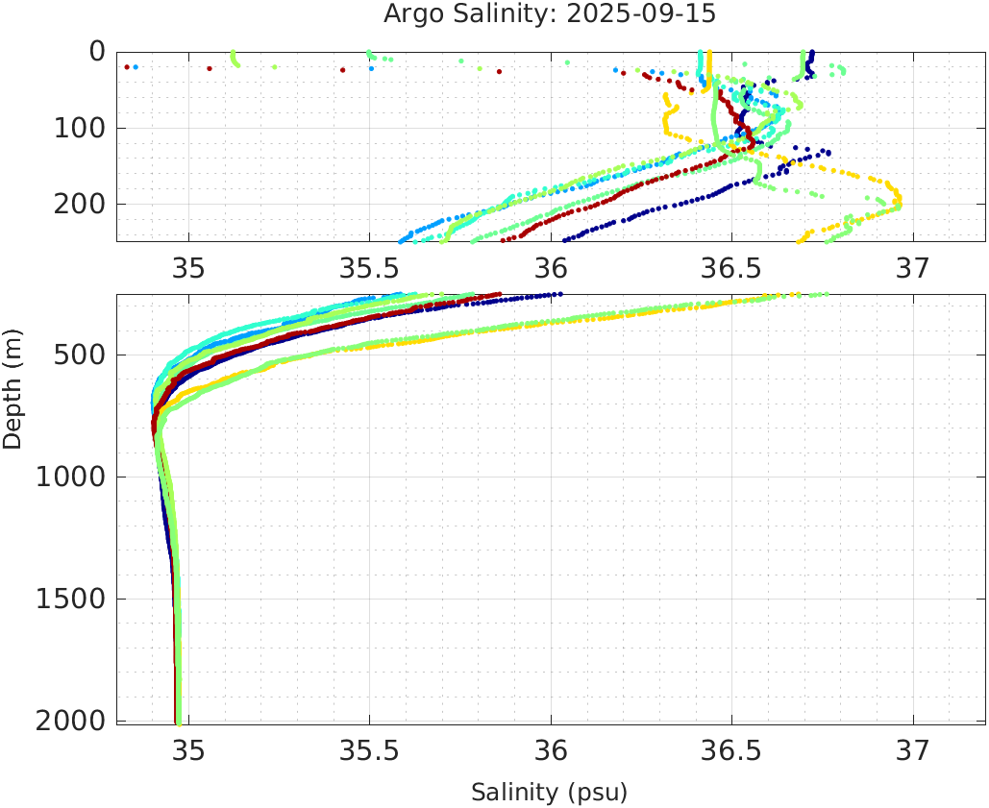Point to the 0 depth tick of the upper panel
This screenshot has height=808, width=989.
(97, 51)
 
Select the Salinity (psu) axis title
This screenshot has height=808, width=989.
(549, 793)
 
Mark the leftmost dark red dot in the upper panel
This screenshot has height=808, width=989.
(127, 66)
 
